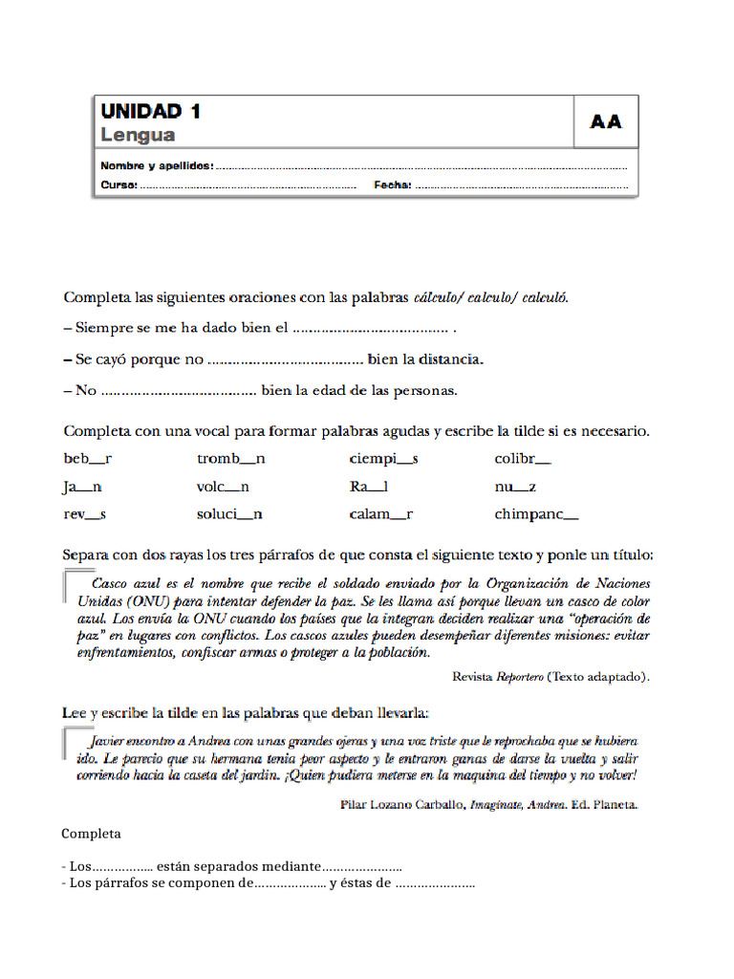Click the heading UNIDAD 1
pyautogui.click(x=151, y=111)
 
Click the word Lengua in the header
pyautogui.click(x=138, y=135)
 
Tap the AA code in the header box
pyautogui.click(x=606, y=121)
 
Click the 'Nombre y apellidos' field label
pyautogui.click(x=157, y=165)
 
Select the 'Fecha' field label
pyautogui.click(x=392, y=185)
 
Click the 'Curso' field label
pyautogui.click(x=119, y=185)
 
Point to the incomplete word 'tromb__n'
pyautogui.click(x=231, y=459)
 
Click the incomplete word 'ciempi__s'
pyautogui.click(x=383, y=459)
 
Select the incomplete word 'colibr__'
pyautogui.click(x=522, y=459)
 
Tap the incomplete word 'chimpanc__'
pyautogui.click(x=536, y=514)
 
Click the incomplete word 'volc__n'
pyautogui.click(x=223, y=487)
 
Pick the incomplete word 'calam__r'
pyautogui.click(x=380, y=514)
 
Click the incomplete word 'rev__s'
pyautogui.click(x=84, y=514)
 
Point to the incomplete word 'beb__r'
pyautogui.click(x=87, y=459)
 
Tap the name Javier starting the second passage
pyautogui.click(x=106, y=741)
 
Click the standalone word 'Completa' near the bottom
pyautogui.click(x=91, y=834)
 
